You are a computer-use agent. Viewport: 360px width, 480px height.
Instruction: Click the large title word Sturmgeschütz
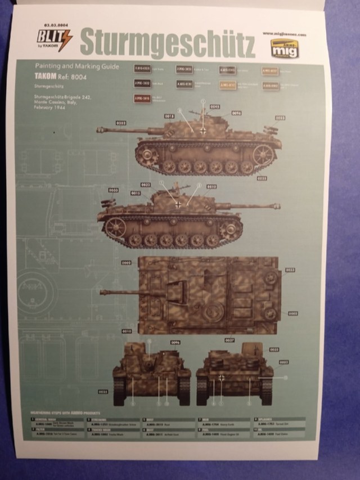168,42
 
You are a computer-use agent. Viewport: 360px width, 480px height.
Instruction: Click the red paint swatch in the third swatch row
142,98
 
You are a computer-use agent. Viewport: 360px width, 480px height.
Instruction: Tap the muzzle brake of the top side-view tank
101,130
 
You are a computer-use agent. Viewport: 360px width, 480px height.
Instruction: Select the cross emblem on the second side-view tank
178,204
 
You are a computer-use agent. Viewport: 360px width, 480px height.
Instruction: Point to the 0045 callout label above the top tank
214,106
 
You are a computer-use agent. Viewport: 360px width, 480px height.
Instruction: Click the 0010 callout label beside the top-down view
126,331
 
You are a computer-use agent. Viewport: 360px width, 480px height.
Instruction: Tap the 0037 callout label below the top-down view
229,340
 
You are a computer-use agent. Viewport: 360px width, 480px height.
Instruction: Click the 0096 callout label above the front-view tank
175,342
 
